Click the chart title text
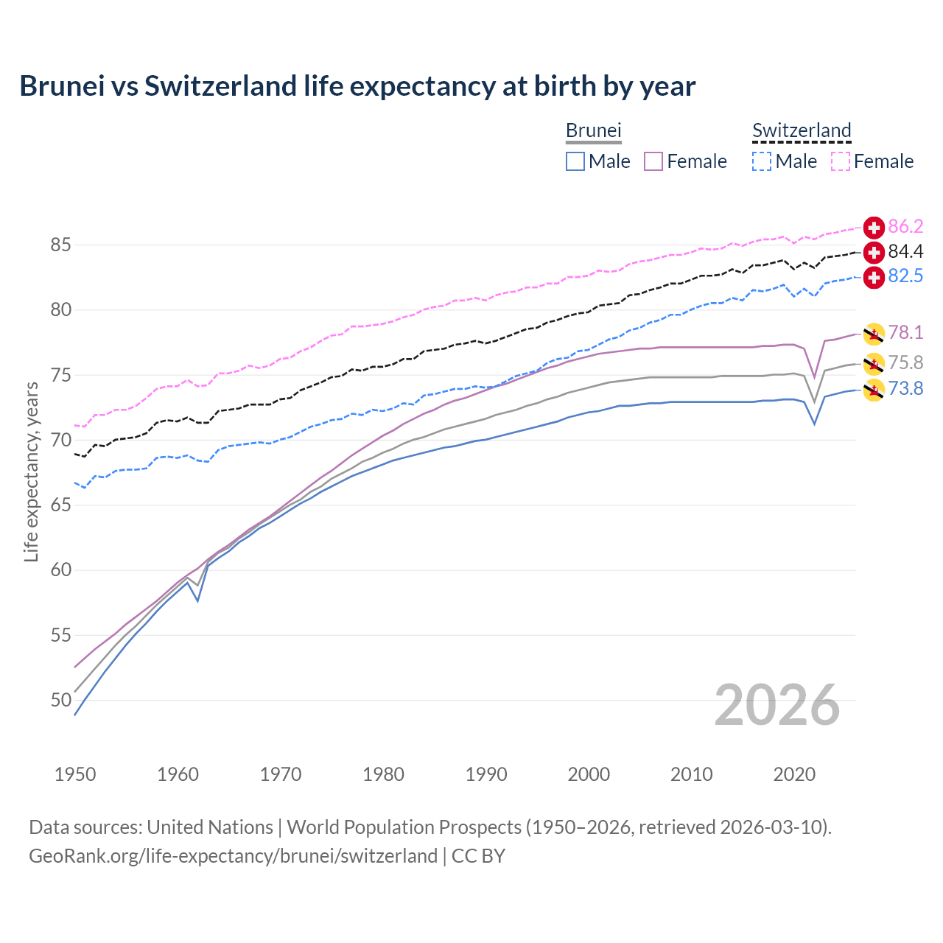[357, 86]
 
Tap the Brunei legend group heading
[593, 131]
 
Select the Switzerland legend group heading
[802, 131]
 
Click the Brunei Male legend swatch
[575, 161]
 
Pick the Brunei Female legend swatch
[653, 161]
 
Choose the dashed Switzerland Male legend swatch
[762, 161]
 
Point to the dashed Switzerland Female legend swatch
[841, 161]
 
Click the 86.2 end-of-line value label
[905, 227]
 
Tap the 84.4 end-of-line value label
[905, 252]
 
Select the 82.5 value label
[905, 276]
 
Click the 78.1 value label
[905, 333]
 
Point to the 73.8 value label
[905, 388]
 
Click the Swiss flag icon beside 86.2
[874, 228]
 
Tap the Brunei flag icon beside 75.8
[874, 362]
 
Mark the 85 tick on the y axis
[61, 245]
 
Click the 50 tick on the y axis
[61, 700]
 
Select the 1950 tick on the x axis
[75, 774]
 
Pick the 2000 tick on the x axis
[589, 774]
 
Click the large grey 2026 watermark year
[777, 705]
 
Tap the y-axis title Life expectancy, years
[31, 471]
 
